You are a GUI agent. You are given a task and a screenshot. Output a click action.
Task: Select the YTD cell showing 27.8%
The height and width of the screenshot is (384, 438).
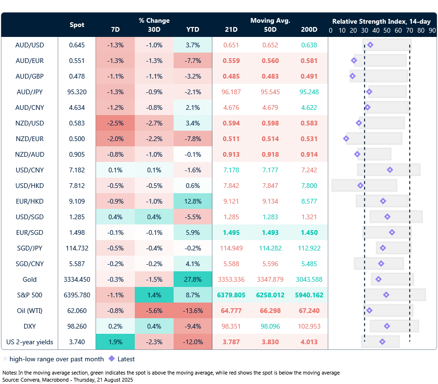tap(193, 279)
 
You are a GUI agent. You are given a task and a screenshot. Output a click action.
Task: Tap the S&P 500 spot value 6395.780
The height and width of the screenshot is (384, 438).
tap(77, 295)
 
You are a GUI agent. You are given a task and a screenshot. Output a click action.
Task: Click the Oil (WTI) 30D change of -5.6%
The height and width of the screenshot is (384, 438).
tap(154, 311)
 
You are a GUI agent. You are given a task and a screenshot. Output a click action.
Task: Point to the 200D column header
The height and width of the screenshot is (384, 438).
tap(309, 29)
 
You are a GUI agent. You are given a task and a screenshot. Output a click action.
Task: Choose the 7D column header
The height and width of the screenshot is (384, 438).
tap(115, 29)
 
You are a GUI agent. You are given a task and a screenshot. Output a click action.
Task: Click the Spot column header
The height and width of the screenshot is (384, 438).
tap(77, 25)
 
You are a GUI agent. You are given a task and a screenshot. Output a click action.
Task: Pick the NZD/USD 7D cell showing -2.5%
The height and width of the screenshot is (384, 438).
tap(115, 123)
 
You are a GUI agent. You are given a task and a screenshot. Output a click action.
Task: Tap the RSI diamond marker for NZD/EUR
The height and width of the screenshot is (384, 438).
tap(346, 139)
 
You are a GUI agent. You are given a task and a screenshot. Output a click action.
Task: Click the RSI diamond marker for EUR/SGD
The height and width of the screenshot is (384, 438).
tap(392, 232)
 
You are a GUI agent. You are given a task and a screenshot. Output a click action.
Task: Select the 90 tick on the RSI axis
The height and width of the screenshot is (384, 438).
tap(432, 30)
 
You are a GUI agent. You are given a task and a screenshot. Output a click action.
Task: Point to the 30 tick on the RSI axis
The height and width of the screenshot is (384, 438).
tap(364, 30)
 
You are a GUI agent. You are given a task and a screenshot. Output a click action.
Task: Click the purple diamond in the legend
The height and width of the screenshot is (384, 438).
tap(112, 359)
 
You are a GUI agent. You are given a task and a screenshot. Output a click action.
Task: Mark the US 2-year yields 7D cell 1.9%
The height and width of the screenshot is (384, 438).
tap(115, 342)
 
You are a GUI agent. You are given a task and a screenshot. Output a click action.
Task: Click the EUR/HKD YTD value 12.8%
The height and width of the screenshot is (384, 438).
tap(193, 201)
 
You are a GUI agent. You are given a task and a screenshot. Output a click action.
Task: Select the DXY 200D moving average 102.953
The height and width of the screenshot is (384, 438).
tap(309, 326)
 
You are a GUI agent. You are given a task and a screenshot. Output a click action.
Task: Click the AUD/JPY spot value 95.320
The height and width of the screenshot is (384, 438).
tap(77, 92)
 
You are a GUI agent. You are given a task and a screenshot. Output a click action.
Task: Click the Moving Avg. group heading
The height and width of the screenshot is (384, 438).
tap(270, 21)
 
